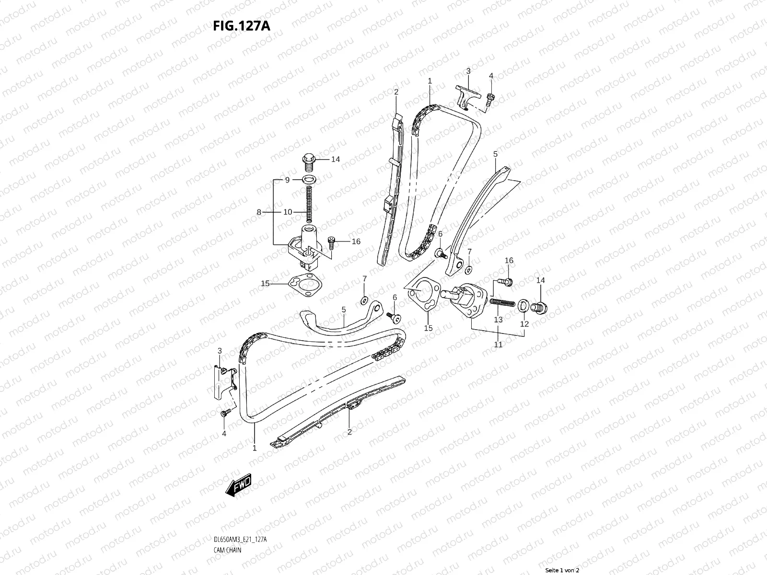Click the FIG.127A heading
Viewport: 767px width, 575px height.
point(242,25)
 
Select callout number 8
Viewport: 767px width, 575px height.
point(259,212)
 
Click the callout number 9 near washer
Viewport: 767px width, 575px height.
point(287,180)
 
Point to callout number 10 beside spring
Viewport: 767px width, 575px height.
point(288,212)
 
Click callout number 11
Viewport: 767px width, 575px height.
point(498,344)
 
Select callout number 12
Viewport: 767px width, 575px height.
point(524,324)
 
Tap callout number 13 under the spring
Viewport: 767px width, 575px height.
point(499,319)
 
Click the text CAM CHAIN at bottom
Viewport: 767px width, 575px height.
point(228,523)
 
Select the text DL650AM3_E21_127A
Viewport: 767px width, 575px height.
point(240,513)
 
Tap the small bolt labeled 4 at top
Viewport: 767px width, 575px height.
point(490,98)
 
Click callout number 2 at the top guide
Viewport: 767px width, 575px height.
point(396,92)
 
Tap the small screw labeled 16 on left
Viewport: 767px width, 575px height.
point(330,242)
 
